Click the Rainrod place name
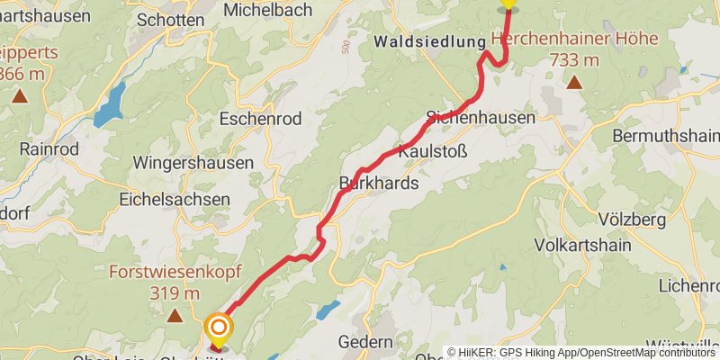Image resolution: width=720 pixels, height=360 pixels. (49, 148)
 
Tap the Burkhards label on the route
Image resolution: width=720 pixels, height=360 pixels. (379, 184)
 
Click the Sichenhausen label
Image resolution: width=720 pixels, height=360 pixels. (481, 118)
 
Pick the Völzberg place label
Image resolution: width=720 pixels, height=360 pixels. (631, 220)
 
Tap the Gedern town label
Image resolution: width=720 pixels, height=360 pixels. (364, 342)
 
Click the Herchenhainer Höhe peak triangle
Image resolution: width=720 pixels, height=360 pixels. (573, 84)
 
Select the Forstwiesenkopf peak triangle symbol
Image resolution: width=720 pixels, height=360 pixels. (175, 315)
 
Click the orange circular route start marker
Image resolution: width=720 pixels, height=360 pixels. (218, 328)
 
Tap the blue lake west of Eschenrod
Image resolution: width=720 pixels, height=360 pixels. (110, 104)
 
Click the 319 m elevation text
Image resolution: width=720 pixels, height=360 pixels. (175, 292)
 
